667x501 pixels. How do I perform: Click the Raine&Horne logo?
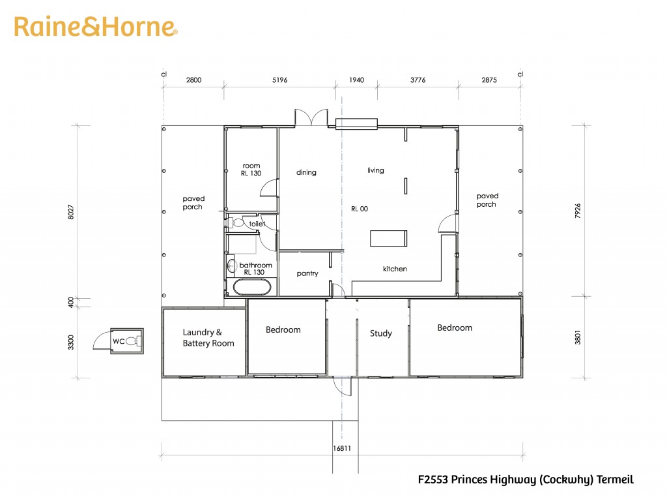click(96, 27)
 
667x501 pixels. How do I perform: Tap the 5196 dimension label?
click(280, 80)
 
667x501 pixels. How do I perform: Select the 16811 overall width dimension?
click(342, 448)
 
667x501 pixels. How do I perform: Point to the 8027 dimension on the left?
click(70, 212)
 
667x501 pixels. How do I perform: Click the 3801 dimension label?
click(577, 337)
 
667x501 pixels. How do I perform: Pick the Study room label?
click(380, 333)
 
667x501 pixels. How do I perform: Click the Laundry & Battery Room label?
click(208, 338)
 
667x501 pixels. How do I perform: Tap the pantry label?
click(307, 273)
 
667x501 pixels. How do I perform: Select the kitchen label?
click(395, 269)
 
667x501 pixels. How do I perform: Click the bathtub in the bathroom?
click(252, 287)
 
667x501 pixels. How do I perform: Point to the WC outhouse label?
click(119, 341)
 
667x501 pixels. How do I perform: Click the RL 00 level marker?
click(360, 209)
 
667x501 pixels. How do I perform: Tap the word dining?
click(306, 172)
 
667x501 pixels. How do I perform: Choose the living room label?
click(376, 170)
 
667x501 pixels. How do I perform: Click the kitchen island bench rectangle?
click(388, 239)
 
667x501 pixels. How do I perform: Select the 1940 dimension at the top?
click(356, 80)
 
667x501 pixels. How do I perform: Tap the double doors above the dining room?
click(311, 117)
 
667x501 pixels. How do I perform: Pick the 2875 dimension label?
click(489, 80)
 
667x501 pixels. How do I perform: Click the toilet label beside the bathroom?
click(257, 224)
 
